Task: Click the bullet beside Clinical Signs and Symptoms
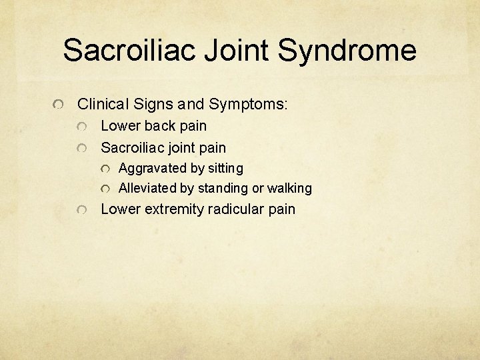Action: pos(59,105)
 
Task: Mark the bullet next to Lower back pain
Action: pos(81,127)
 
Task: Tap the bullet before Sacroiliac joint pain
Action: pos(81,149)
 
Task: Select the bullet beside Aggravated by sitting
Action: pos(105,169)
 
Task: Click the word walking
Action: pos(289,189)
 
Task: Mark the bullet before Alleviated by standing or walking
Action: pos(105,189)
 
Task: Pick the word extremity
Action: pos(173,209)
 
